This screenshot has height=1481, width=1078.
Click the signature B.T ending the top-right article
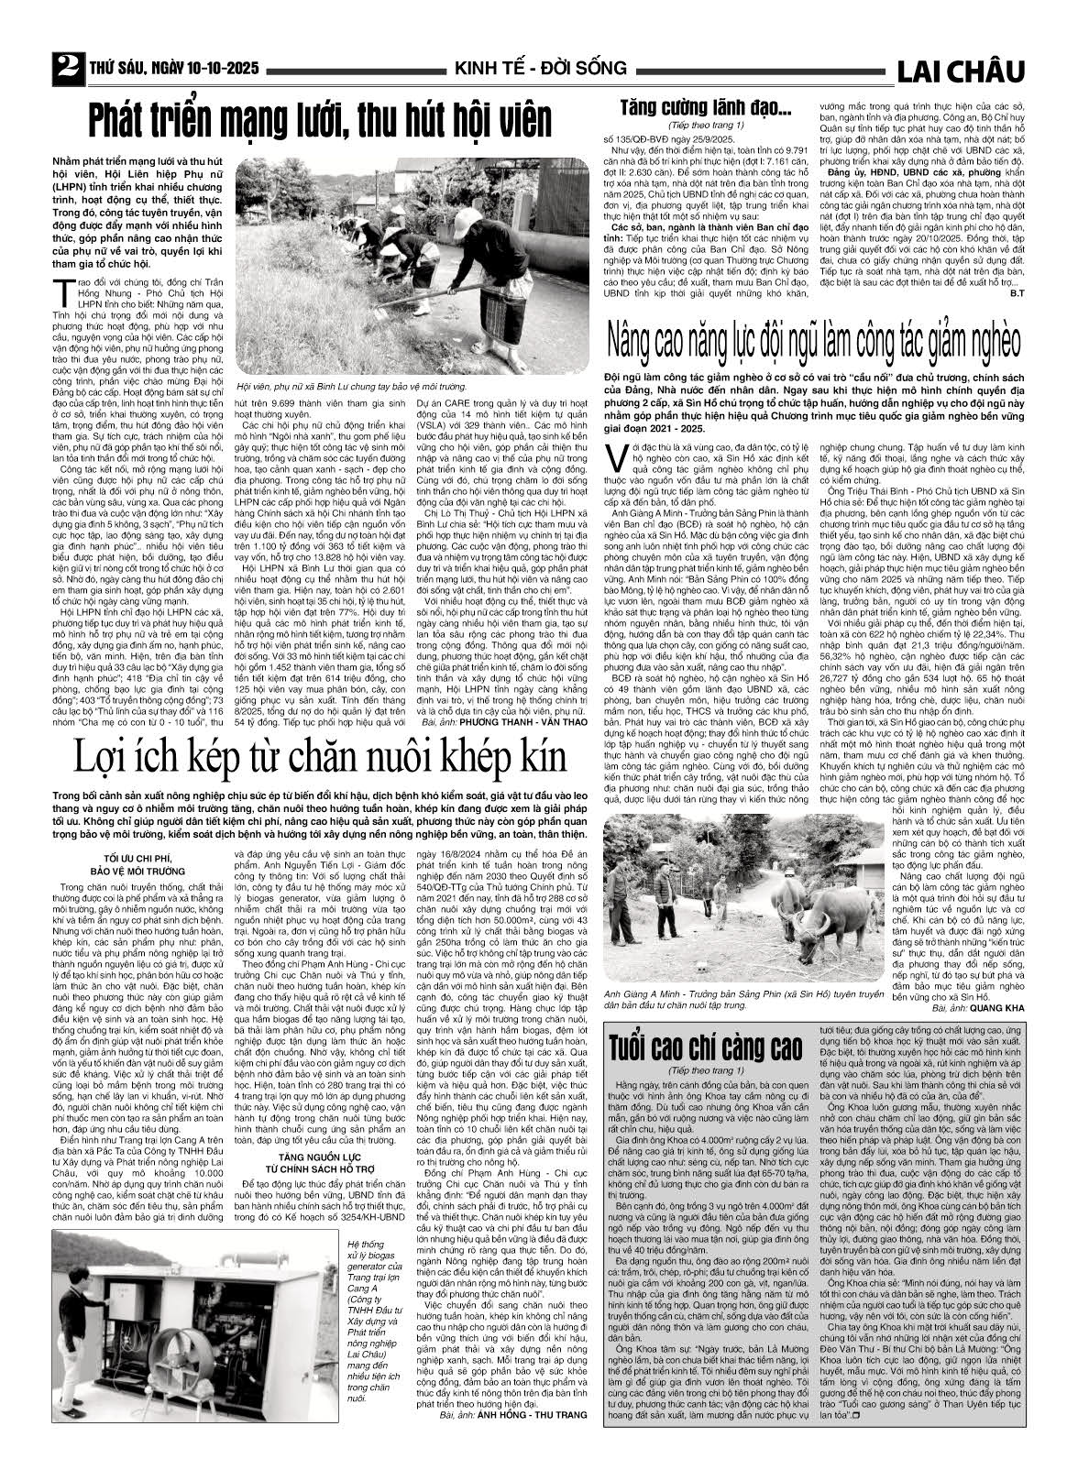(1016, 293)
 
